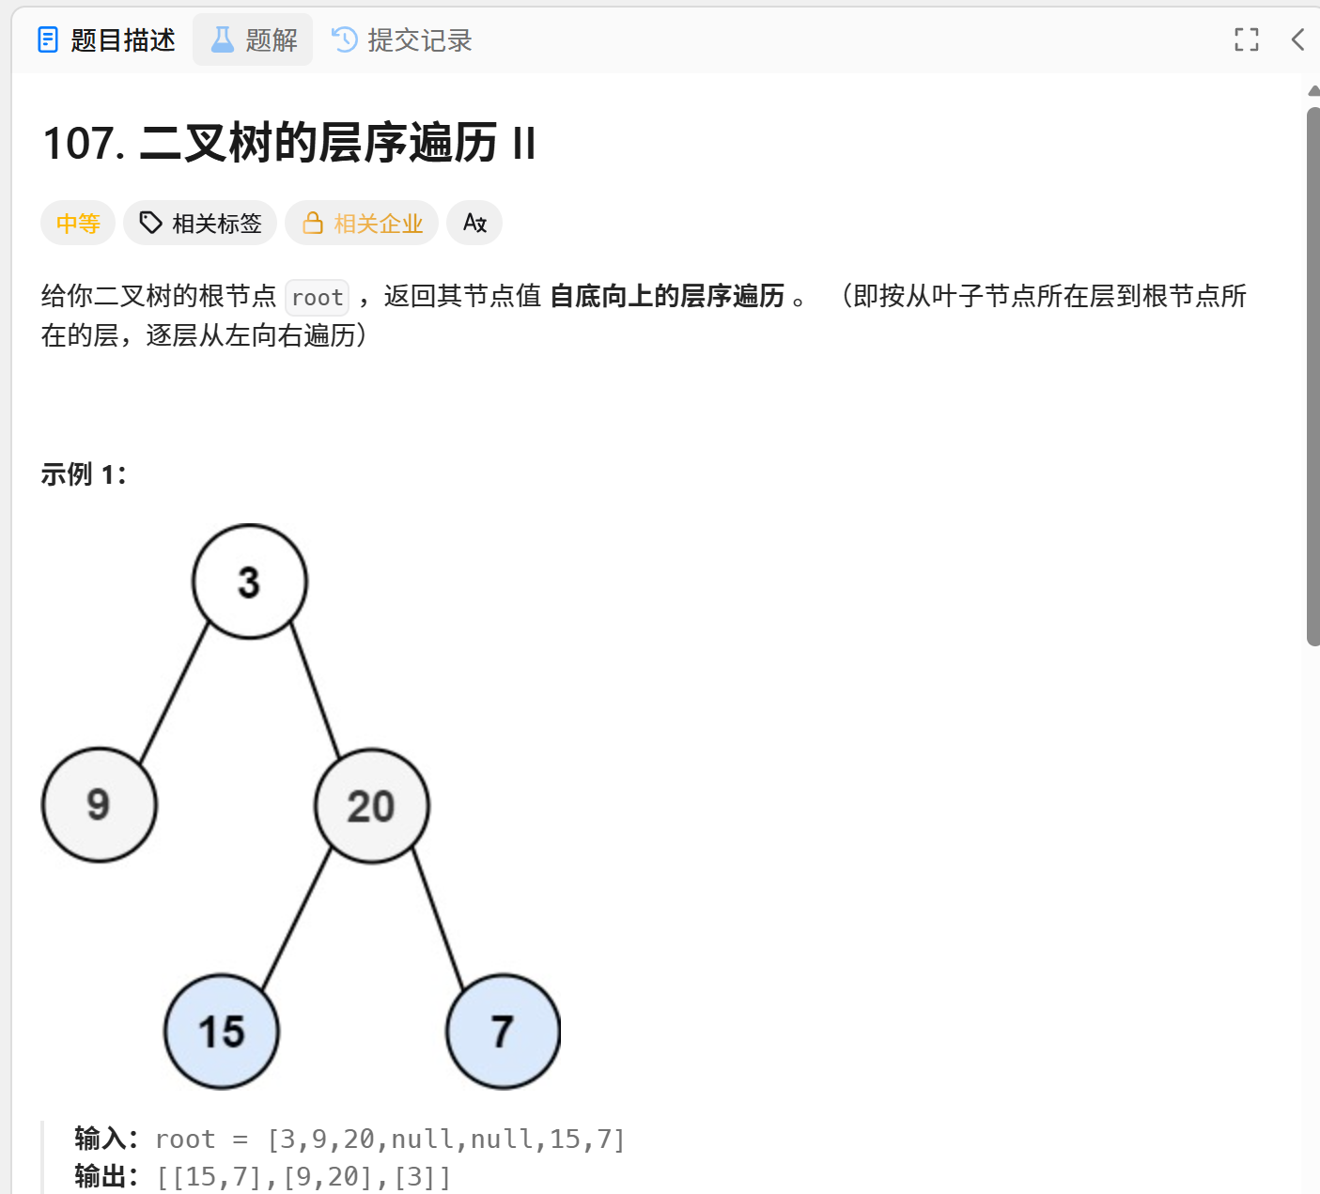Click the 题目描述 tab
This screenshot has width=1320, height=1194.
[x=106, y=40]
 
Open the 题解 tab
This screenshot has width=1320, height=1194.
[x=253, y=40]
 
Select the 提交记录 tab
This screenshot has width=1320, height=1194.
[x=402, y=40]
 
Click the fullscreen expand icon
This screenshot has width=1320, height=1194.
[x=1246, y=39]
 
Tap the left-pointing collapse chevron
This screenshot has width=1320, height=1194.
[x=1297, y=39]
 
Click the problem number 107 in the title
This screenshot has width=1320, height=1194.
[x=83, y=145]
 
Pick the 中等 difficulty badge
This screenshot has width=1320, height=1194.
[x=78, y=224]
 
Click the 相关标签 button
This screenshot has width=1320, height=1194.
[x=200, y=224]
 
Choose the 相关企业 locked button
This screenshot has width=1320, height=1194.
[x=362, y=224]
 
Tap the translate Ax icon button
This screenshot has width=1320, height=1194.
[x=474, y=224]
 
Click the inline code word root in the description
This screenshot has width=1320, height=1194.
[x=317, y=298]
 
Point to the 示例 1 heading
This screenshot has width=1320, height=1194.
[x=83, y=474]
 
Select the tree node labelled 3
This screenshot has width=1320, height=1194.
[x=249, y=581]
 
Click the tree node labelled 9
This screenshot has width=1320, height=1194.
[x=99, y=805]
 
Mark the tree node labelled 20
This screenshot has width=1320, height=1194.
[x=371, y=806]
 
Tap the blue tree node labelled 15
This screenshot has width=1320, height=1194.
[x=222, y=1031]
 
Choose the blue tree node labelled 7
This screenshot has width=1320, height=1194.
[x=503, y=1031]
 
